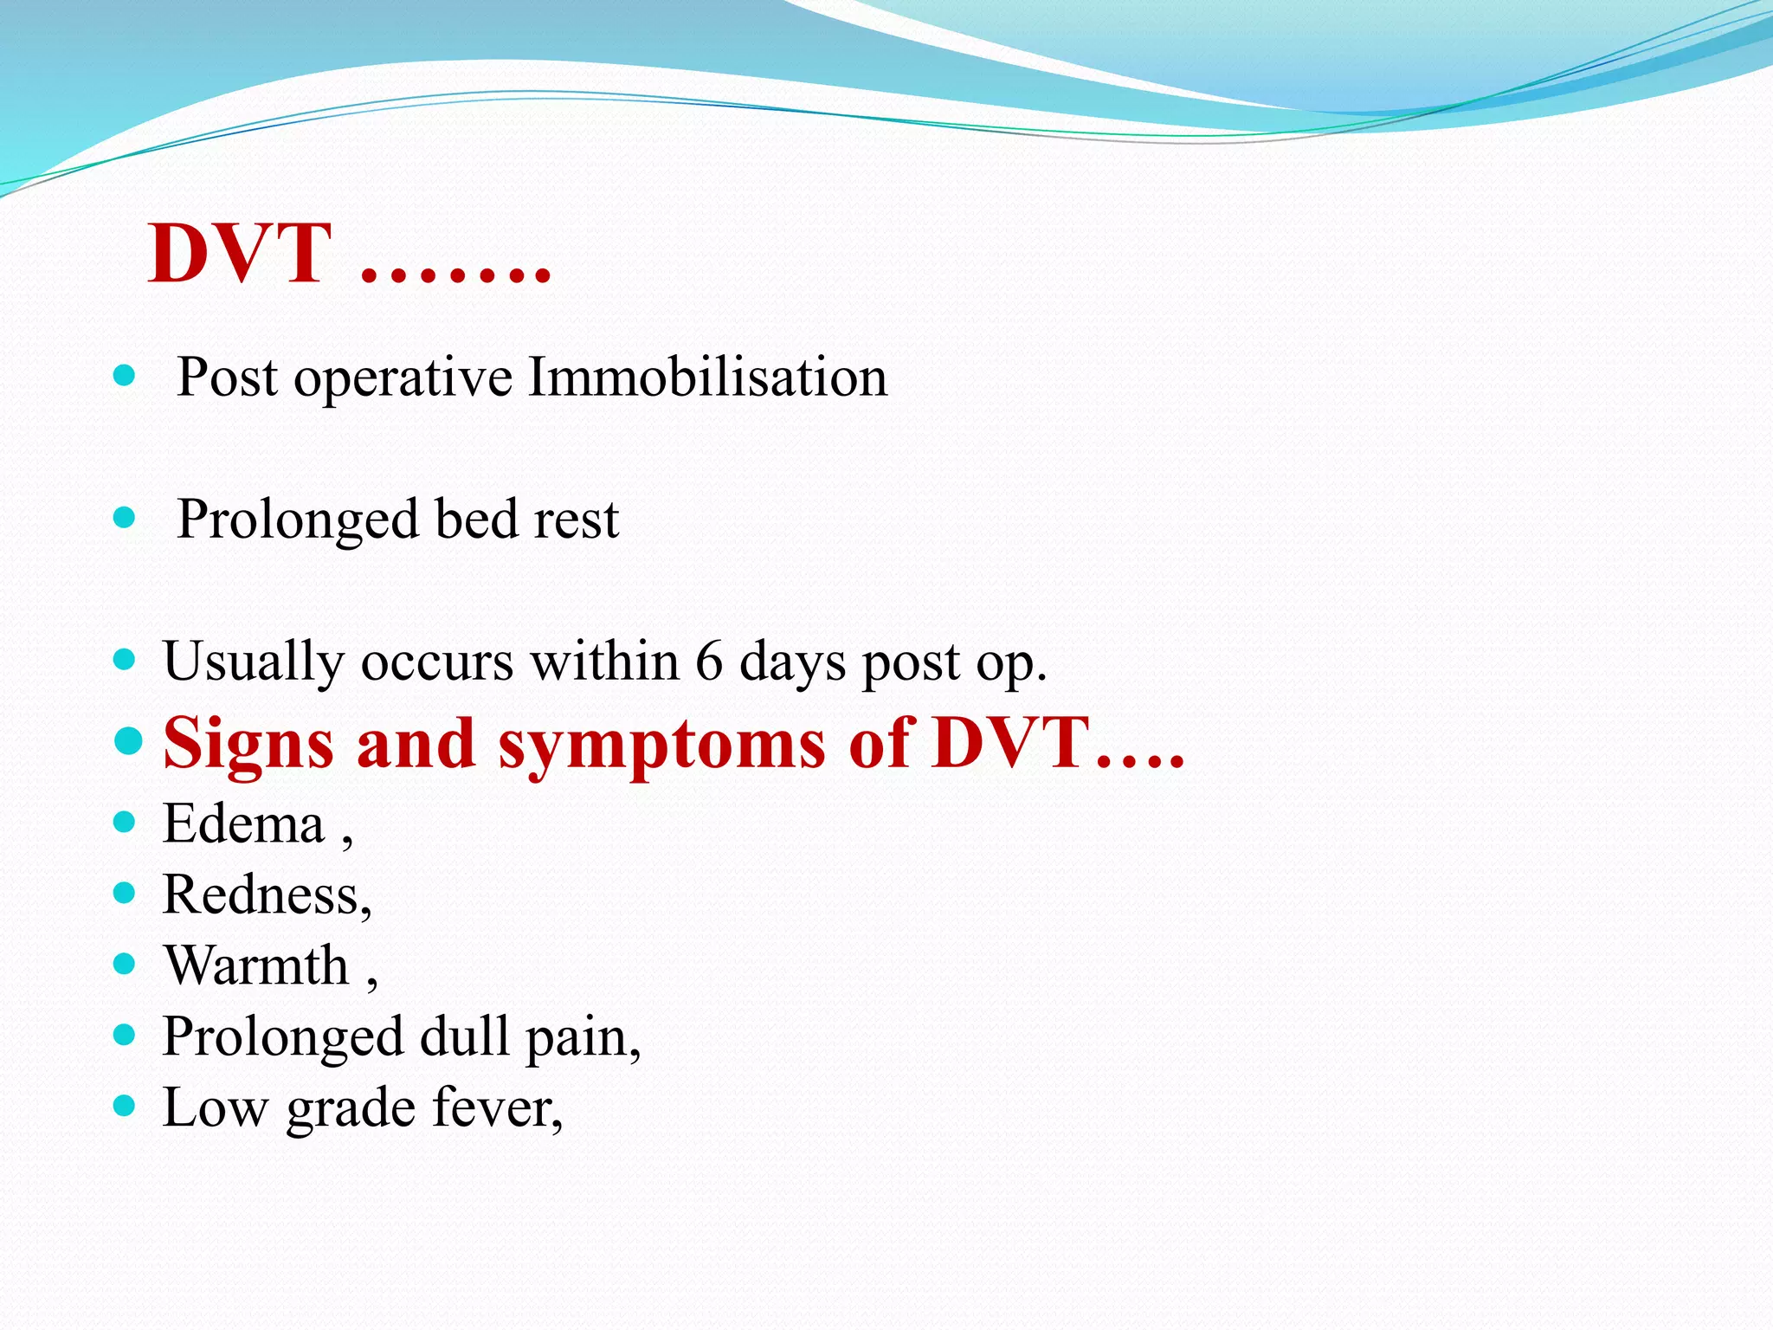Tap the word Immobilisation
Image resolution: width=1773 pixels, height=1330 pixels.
707,378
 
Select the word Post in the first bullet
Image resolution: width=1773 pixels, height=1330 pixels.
228,378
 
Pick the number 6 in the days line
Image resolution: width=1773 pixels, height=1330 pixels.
708,662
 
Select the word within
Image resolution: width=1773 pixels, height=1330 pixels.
603,662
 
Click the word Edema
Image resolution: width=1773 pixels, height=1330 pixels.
243,823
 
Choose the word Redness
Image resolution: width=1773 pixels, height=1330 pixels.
261,894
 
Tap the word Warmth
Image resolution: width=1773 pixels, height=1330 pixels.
256,965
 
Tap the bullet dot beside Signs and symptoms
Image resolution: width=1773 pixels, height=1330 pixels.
127,740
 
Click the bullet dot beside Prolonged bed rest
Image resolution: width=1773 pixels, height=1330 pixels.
125,518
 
